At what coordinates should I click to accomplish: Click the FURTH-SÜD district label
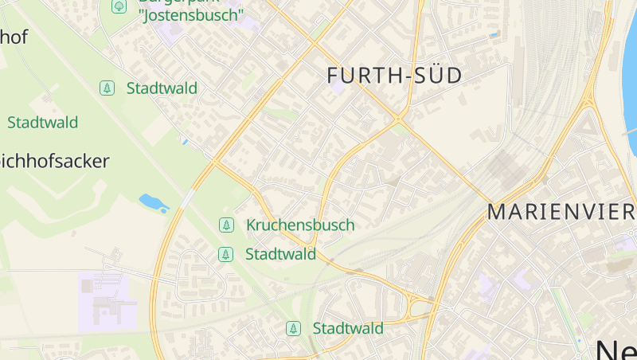point(394,76)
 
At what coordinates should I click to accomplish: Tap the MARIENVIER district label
point(561,212)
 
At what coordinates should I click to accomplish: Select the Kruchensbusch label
point(300,225)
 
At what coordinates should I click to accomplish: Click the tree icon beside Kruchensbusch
point(226,225)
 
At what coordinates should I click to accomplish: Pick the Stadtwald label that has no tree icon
point(43,123)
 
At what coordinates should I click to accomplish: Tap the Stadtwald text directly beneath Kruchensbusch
point(280,255)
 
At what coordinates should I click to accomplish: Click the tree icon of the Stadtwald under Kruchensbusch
point(226,255)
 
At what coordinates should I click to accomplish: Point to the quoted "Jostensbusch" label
point(190,15)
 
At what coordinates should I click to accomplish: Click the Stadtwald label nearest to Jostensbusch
point(162,88)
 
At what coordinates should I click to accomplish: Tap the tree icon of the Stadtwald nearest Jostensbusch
point(107,88)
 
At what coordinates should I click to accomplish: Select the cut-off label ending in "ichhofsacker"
point(54,161)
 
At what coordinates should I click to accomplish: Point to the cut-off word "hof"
point(14,37)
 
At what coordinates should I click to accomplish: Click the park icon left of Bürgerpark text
point(119,6)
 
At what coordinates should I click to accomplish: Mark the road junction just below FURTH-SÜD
point(397,121)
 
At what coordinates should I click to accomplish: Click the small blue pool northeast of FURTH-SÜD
point(494,35)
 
